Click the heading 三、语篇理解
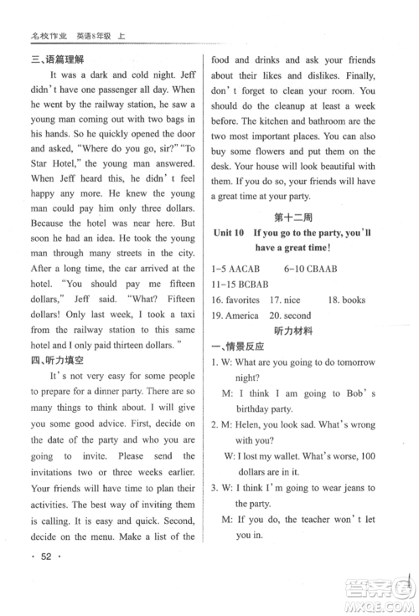tap(59, 57)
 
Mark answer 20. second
tap(294, 315)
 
